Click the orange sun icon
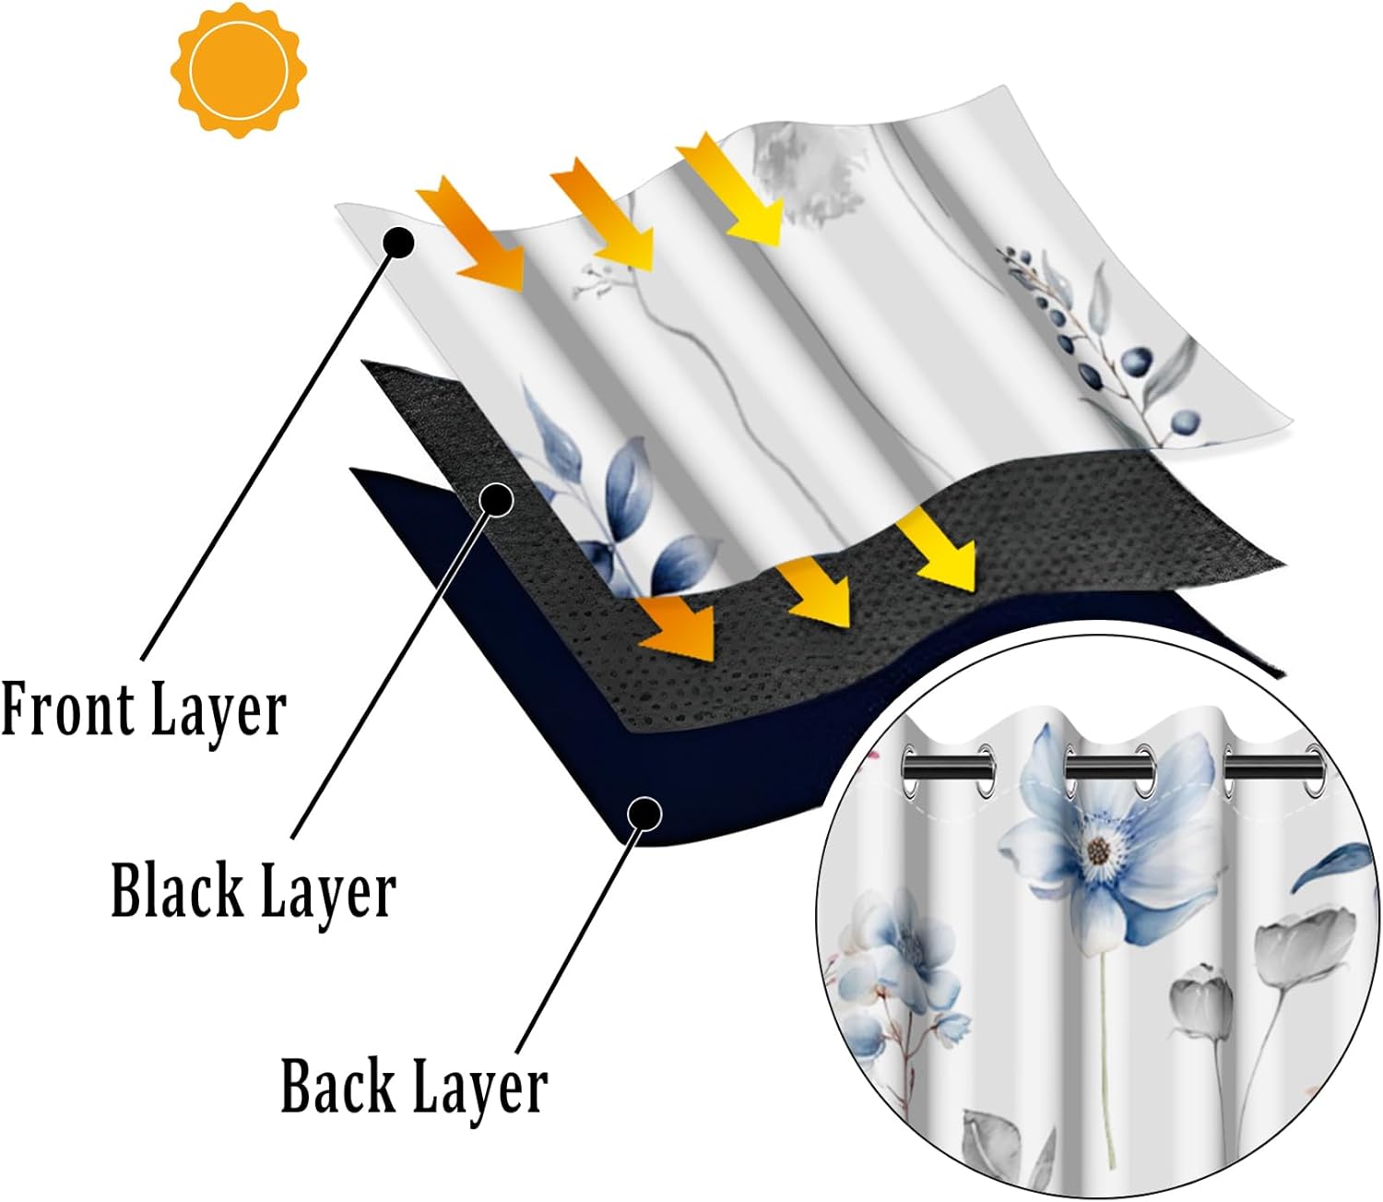point(239,69)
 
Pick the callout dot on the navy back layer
point(644,814)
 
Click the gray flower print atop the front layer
point(808,176)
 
